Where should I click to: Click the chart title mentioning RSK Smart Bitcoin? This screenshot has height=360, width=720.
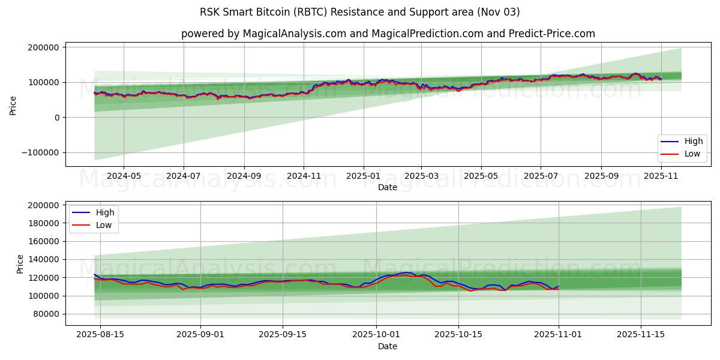pyautogui.click(x=360, y=12)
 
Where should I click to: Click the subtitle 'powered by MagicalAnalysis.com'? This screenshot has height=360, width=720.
pyautogui.click(x=263, y=34)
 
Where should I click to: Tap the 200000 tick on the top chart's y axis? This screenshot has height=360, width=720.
pyautogui.click(x=43, y=47)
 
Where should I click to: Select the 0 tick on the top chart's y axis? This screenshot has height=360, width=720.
pyautogui.click(x=57, y=118)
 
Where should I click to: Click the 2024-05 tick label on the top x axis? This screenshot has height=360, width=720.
pyautogui.click(x=124, y=176)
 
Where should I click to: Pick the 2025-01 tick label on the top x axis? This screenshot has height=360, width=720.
pyautogui.click(x=363, y=176)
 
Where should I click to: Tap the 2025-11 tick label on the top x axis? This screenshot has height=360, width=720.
pyautogui.click(x=661, y=176)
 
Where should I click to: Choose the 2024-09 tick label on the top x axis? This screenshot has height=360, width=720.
pyautogui.click(x=244, y=176)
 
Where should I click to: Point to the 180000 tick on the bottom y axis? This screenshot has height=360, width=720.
pyautogui.click(x=43, y=223)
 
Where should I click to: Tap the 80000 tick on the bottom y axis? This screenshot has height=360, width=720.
pyautogui.click(x=45, y=314)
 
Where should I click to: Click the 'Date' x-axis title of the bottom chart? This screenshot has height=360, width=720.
pyautogui.click(x=388, y=346)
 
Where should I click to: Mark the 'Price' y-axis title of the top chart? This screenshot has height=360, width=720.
pyautogui.click(x=13, y=106)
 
